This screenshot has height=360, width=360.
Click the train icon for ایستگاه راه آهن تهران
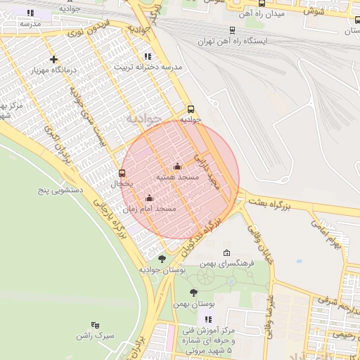pos(233,30)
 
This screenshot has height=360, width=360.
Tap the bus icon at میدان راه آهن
pos(262,4)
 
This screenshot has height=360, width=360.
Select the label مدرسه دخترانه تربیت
pos(153,66)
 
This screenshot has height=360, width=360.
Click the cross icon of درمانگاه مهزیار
pos(53,59)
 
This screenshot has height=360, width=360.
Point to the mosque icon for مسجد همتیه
pos(176,167)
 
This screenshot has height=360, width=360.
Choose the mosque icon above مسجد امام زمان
pos(149,198)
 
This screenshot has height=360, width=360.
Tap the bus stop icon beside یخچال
pos(122,173)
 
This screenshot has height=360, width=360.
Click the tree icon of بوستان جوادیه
pos(162,259)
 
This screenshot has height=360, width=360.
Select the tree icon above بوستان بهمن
pos(193,292)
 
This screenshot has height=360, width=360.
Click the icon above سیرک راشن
pos(95,324)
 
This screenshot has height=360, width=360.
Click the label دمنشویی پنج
pos(61,190)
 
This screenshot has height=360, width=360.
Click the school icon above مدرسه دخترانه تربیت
pos(147,56)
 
